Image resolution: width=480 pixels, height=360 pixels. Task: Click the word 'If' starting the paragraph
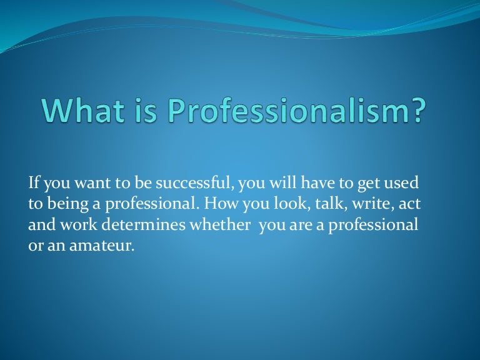click(34, 183)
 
